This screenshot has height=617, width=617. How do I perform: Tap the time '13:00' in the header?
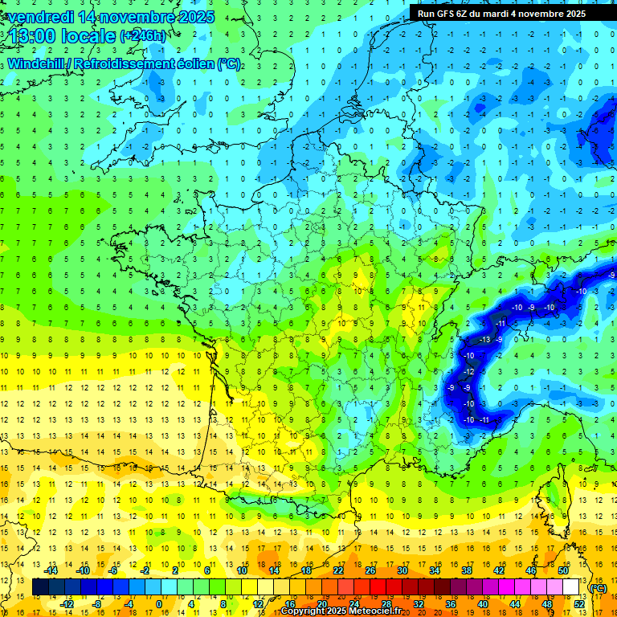(37, 35)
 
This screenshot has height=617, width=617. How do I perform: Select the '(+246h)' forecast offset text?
(143, 36)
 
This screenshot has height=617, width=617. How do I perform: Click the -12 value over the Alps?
(470, 372)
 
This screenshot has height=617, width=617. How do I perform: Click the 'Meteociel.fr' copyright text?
(373, 611)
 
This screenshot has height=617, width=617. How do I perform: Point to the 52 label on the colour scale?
(579, 603)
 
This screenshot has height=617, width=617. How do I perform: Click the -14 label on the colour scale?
(51, 570)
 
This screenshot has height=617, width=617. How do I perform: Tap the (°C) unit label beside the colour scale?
(598, 588)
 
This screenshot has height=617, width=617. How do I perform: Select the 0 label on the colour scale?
(159, 603)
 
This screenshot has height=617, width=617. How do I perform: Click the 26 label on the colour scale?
(370, 570)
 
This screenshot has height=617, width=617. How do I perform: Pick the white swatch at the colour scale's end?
(571, 587)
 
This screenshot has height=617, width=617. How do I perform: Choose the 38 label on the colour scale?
(466, 570)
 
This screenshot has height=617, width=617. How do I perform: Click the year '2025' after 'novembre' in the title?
(197, 17)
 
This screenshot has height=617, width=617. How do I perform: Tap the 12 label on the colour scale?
(257, 603)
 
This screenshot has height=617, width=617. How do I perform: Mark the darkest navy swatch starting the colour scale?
(40, 587)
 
